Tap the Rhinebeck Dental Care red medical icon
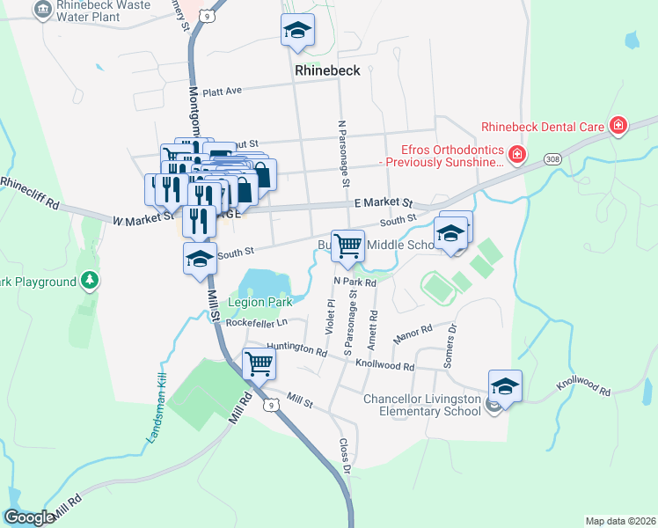618,126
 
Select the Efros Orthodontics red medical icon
517,157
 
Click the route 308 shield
552,158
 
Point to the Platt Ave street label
222,90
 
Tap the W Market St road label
143,218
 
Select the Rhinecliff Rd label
29,193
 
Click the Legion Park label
260,302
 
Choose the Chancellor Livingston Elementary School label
423,405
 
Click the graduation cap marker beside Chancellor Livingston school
506,385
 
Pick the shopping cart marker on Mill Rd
259,363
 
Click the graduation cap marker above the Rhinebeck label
298,31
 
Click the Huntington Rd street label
296,348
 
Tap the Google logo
29,517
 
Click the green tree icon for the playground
89,281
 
